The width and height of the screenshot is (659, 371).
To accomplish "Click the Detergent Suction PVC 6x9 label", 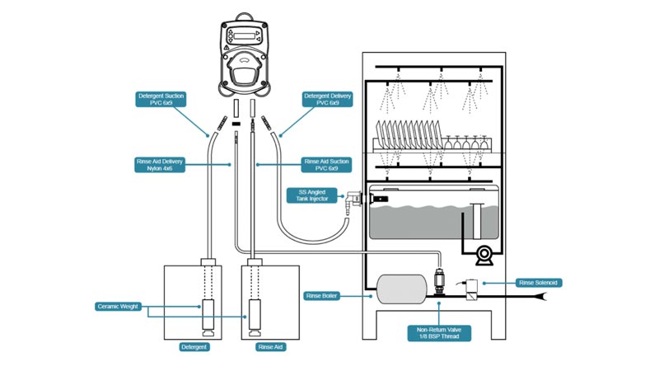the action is tap(161, 99).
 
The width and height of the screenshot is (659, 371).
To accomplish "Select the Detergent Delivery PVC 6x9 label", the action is tap(327, 99).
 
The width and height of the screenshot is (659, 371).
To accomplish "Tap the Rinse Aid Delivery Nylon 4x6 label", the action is tap(160, 165).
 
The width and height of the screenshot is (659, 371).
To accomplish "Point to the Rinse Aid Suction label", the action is tap(326, 165).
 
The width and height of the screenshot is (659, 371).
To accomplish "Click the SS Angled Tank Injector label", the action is tap(312, 195).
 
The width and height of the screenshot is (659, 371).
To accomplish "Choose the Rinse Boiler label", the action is tap(321, 296).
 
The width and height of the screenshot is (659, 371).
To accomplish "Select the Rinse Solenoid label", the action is tap(539, 283).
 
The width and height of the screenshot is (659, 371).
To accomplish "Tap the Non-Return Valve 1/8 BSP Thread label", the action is tap(439, 333).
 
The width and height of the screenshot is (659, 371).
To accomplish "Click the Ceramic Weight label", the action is tap(118, 307).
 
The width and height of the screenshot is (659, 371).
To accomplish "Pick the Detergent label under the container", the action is tap(194, 347).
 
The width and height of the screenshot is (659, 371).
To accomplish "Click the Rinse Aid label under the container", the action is tap(271, 347).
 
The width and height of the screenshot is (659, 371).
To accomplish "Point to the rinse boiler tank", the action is tap(402, 289).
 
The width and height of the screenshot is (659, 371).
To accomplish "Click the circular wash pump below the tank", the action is tap(484, 255).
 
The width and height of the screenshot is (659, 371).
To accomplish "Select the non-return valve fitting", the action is tap(439, 281).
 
